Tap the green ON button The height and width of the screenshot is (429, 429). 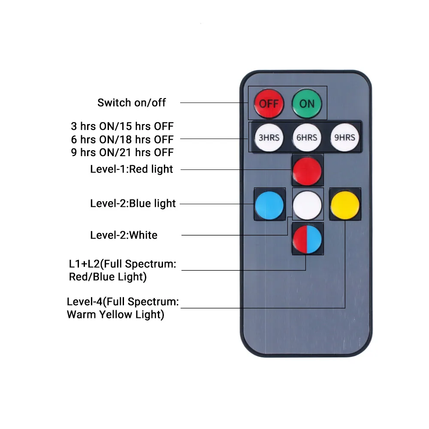click(307, 103)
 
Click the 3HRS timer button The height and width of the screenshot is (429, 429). click(269, 137)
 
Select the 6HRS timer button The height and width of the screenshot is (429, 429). click(307, 137)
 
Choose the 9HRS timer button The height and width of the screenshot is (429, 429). click(344, 137)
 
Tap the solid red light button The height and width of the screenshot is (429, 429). click(307, 170)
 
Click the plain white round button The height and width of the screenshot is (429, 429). click(307, 204)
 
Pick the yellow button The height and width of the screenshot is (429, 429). click(345, 205)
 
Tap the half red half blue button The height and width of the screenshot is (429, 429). click(307, 239)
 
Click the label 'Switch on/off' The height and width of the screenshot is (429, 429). click(131, 103)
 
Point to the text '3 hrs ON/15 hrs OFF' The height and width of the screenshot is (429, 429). click(122, 127)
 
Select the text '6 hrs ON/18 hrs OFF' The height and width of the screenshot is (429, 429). click(122, 139)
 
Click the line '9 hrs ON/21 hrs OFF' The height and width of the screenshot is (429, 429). click(122, 152)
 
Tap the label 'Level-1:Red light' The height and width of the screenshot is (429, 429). click(132, 169)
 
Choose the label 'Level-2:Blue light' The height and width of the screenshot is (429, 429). click(133, 203)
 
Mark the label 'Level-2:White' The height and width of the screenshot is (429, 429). click(124, 235)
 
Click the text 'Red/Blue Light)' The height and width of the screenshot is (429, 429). click(108, 277)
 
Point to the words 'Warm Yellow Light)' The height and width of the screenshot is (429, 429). click(115, 314)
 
